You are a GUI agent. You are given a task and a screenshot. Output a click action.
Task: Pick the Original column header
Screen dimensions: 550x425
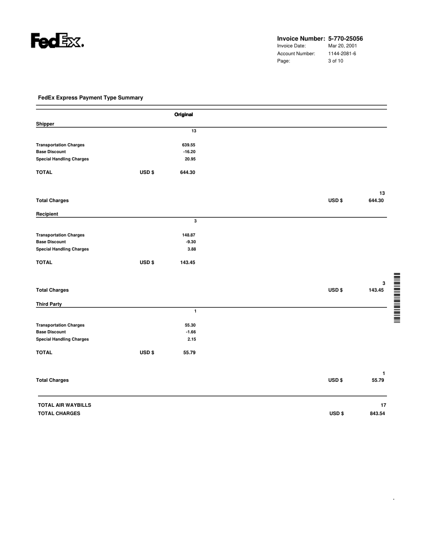point(184,114)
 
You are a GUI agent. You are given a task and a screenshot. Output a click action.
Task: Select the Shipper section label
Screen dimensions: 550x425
point(45,124)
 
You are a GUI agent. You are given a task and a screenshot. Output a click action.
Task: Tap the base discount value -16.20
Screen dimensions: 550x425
point(189,152)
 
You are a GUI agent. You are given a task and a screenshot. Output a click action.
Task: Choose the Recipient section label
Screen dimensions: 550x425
point(47,214)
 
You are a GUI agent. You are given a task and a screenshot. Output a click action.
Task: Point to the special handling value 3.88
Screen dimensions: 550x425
point(191,249)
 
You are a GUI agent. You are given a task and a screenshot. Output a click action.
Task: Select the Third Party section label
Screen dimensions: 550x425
point(49,304)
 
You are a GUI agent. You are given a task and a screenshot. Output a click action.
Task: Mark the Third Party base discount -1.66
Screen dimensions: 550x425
point(190,332)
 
